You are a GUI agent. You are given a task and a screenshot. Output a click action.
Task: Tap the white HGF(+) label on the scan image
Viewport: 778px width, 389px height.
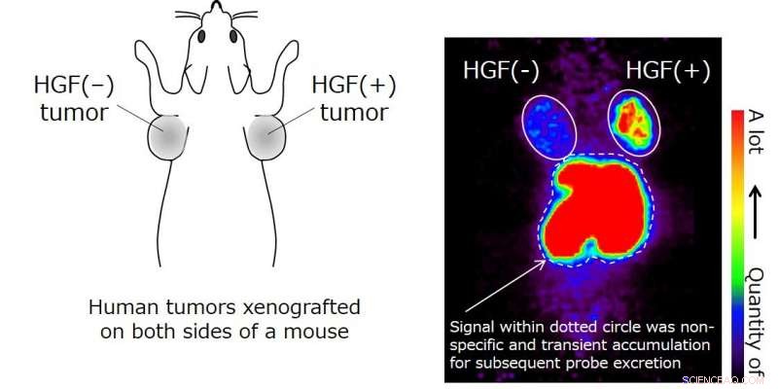pyautogui.click(x=667, y=70)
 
